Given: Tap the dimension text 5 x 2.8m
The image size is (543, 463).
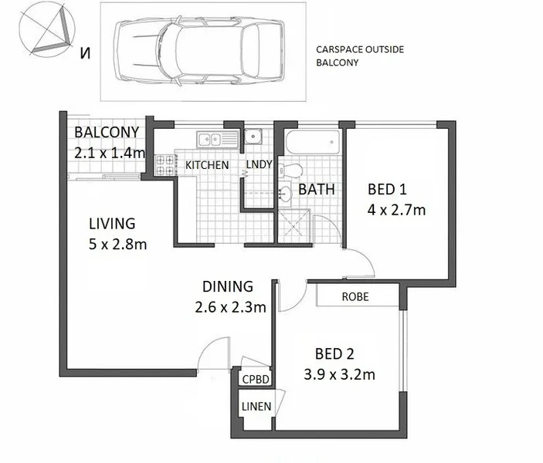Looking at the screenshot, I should click(x=117, y=244).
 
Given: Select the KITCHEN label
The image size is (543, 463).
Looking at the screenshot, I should click(x=206, y=165).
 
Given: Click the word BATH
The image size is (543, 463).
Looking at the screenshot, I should click(x=315, y=189).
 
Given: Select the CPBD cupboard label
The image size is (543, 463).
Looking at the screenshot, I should click(x=255, y=379).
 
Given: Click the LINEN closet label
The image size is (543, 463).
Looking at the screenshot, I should click(x=256, y=407).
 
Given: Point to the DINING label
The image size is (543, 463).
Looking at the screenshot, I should click(x=229, y=286).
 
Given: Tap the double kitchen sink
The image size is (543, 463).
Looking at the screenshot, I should click(x=219, y=140).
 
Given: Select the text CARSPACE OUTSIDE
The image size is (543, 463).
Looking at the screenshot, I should click(x=359, y=49).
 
